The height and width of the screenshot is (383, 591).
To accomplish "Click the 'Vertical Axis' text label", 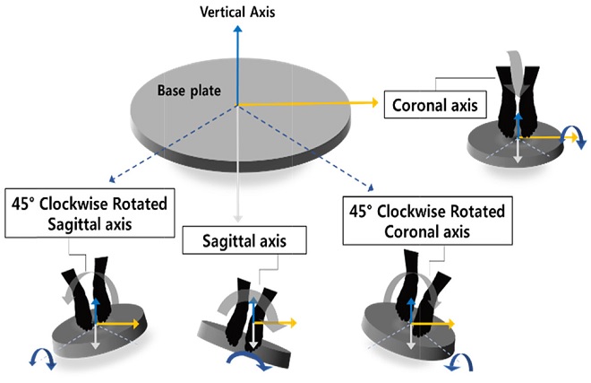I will point(237,13).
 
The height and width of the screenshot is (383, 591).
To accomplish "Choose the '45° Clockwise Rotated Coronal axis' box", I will point(424,221).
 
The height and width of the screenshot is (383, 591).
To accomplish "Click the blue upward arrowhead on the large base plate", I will point(237,30).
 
